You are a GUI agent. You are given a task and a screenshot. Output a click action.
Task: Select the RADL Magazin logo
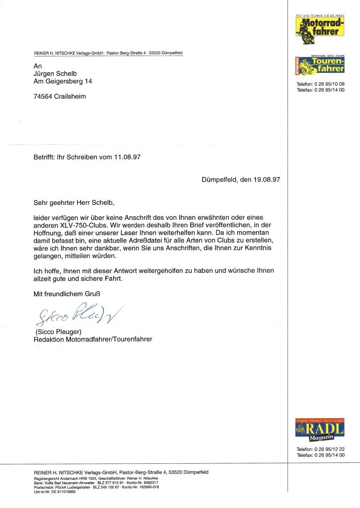click(320, 430)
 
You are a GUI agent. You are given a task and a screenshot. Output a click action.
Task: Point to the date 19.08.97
click(261, 180)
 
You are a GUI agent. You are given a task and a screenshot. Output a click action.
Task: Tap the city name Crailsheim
click(71, 96)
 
